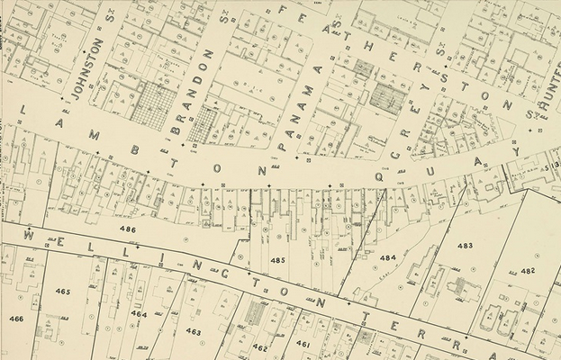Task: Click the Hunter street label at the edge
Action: coord(543,90)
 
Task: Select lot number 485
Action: coord(277,260)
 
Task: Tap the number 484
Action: coord(387,257)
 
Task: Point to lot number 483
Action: coord(465,245)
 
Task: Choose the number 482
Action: coord(528,270)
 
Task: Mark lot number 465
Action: coord(62,292)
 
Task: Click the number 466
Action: coord(16,319)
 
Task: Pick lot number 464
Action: coord(139,313)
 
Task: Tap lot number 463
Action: coord(194,332)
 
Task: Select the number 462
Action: coord(260,346)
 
